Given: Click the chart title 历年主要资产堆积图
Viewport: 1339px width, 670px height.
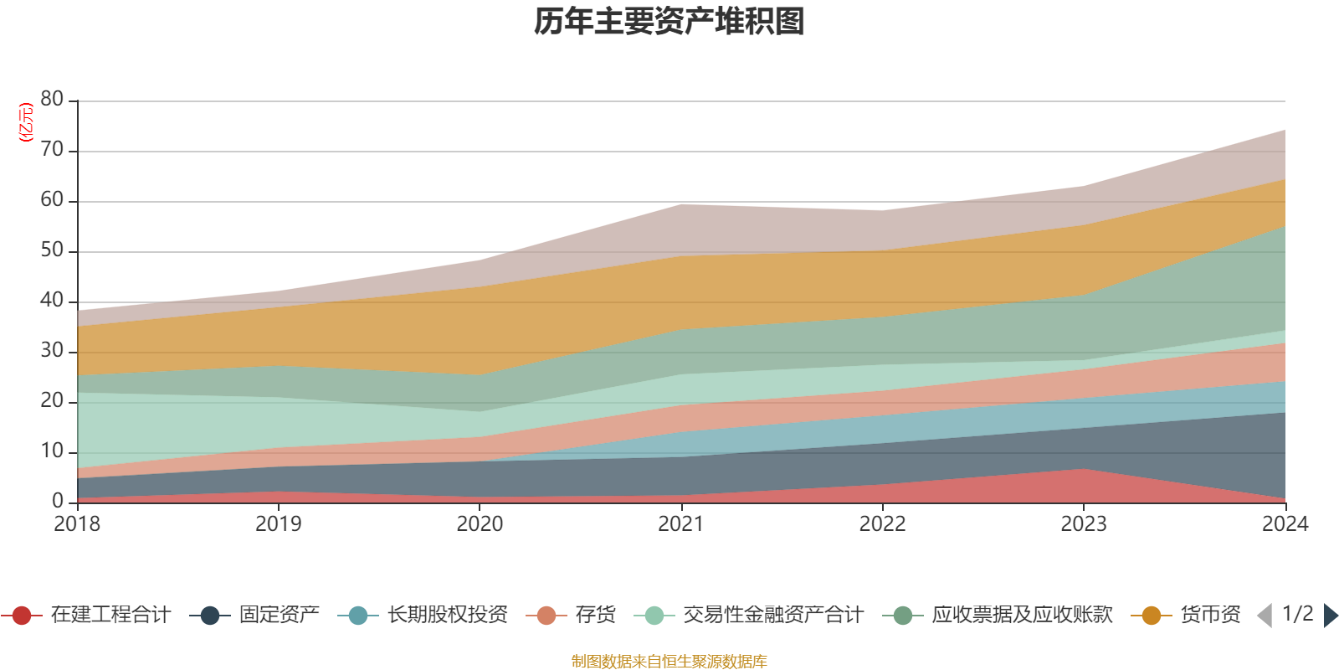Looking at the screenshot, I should [x=669, y=22].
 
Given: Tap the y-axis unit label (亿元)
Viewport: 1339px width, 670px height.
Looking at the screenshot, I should [x=27, y=122].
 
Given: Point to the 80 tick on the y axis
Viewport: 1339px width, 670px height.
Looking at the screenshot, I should [x=52, y=100].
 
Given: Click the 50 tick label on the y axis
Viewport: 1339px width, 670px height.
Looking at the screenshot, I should [x=52, y=250].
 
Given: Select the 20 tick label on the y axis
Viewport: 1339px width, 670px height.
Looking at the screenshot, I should [x=52, y=401].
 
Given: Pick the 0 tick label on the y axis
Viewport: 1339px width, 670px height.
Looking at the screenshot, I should [x=58, y=501].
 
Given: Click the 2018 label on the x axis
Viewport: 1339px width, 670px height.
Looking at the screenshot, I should [x=77, y=524].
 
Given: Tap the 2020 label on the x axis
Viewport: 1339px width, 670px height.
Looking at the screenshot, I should [x=480, y=524].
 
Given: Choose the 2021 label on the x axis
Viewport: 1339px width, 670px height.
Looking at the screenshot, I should [x=681, y=524].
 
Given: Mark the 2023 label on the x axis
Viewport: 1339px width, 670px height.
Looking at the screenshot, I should [x=1084, y=524].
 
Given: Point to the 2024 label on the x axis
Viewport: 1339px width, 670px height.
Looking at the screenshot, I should [x=1285, y=524].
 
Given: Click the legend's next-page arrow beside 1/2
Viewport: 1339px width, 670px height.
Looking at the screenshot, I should [x=1330, y=616].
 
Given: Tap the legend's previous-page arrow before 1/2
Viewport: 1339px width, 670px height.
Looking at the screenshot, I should [x=1265, y=616].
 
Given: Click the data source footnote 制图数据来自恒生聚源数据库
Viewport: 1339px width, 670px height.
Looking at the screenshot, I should [x=669, y=662].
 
